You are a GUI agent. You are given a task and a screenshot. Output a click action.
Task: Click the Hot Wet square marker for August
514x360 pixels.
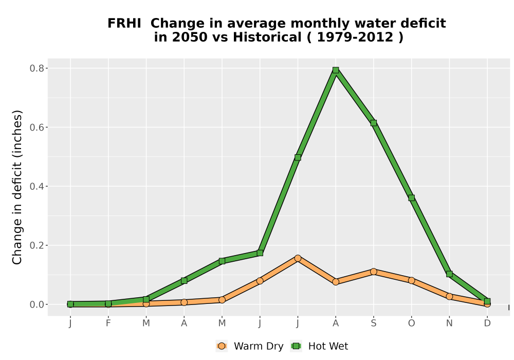335,70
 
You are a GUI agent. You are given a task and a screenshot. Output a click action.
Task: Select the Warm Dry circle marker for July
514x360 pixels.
298,258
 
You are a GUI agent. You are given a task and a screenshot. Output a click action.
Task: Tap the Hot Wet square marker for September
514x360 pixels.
373,123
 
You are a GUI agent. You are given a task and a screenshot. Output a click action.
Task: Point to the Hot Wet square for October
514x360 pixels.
411,197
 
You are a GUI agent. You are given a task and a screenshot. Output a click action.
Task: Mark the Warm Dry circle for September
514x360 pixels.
373,272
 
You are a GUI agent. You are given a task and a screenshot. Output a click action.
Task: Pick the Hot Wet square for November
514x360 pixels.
449,274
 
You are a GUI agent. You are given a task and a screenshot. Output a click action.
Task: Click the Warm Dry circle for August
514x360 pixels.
335,282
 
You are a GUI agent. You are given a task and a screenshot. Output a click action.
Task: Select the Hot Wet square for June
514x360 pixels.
260,253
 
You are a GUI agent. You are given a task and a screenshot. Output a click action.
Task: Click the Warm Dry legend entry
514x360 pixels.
249,346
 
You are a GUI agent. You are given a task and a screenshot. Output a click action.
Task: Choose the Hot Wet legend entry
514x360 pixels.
319,346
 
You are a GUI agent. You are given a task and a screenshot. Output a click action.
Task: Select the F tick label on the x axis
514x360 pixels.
108,323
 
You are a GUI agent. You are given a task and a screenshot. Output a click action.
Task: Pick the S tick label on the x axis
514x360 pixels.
373,323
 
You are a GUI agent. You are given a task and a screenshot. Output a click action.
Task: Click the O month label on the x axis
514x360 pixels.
411,323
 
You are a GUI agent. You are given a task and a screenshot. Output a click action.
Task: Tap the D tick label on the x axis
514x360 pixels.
487,323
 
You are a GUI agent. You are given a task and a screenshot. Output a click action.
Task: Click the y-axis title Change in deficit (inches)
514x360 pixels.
17,187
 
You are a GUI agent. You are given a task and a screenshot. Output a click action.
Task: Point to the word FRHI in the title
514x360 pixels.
124,23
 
